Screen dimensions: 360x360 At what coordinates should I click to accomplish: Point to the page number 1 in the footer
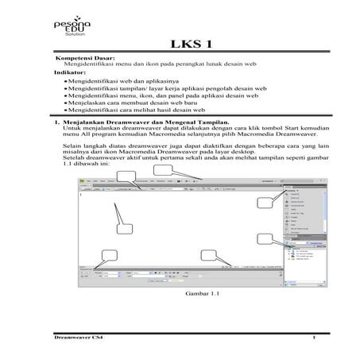[315, 338]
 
